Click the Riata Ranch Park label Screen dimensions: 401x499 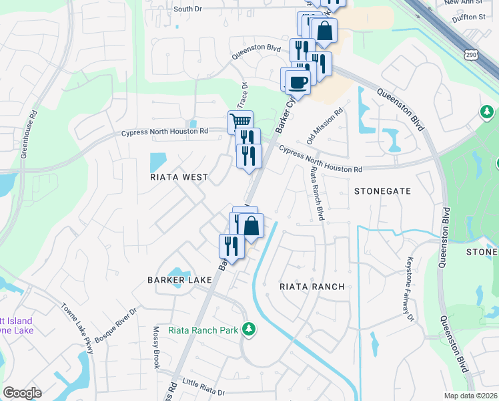(204, 329)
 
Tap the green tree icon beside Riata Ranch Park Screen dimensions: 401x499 (249, 329)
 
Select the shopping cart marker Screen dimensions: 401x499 (240, 122)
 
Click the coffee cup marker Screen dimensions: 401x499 (298, 82)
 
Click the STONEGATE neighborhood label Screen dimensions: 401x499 (382, 190)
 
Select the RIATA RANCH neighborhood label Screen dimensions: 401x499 (312, 286)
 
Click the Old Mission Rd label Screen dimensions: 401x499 (324, 126)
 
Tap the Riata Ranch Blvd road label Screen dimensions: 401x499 (316, 194)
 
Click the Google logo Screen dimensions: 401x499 (22, 393)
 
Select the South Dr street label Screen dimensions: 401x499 (187, 9)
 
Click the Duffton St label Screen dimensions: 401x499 (468, 16)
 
